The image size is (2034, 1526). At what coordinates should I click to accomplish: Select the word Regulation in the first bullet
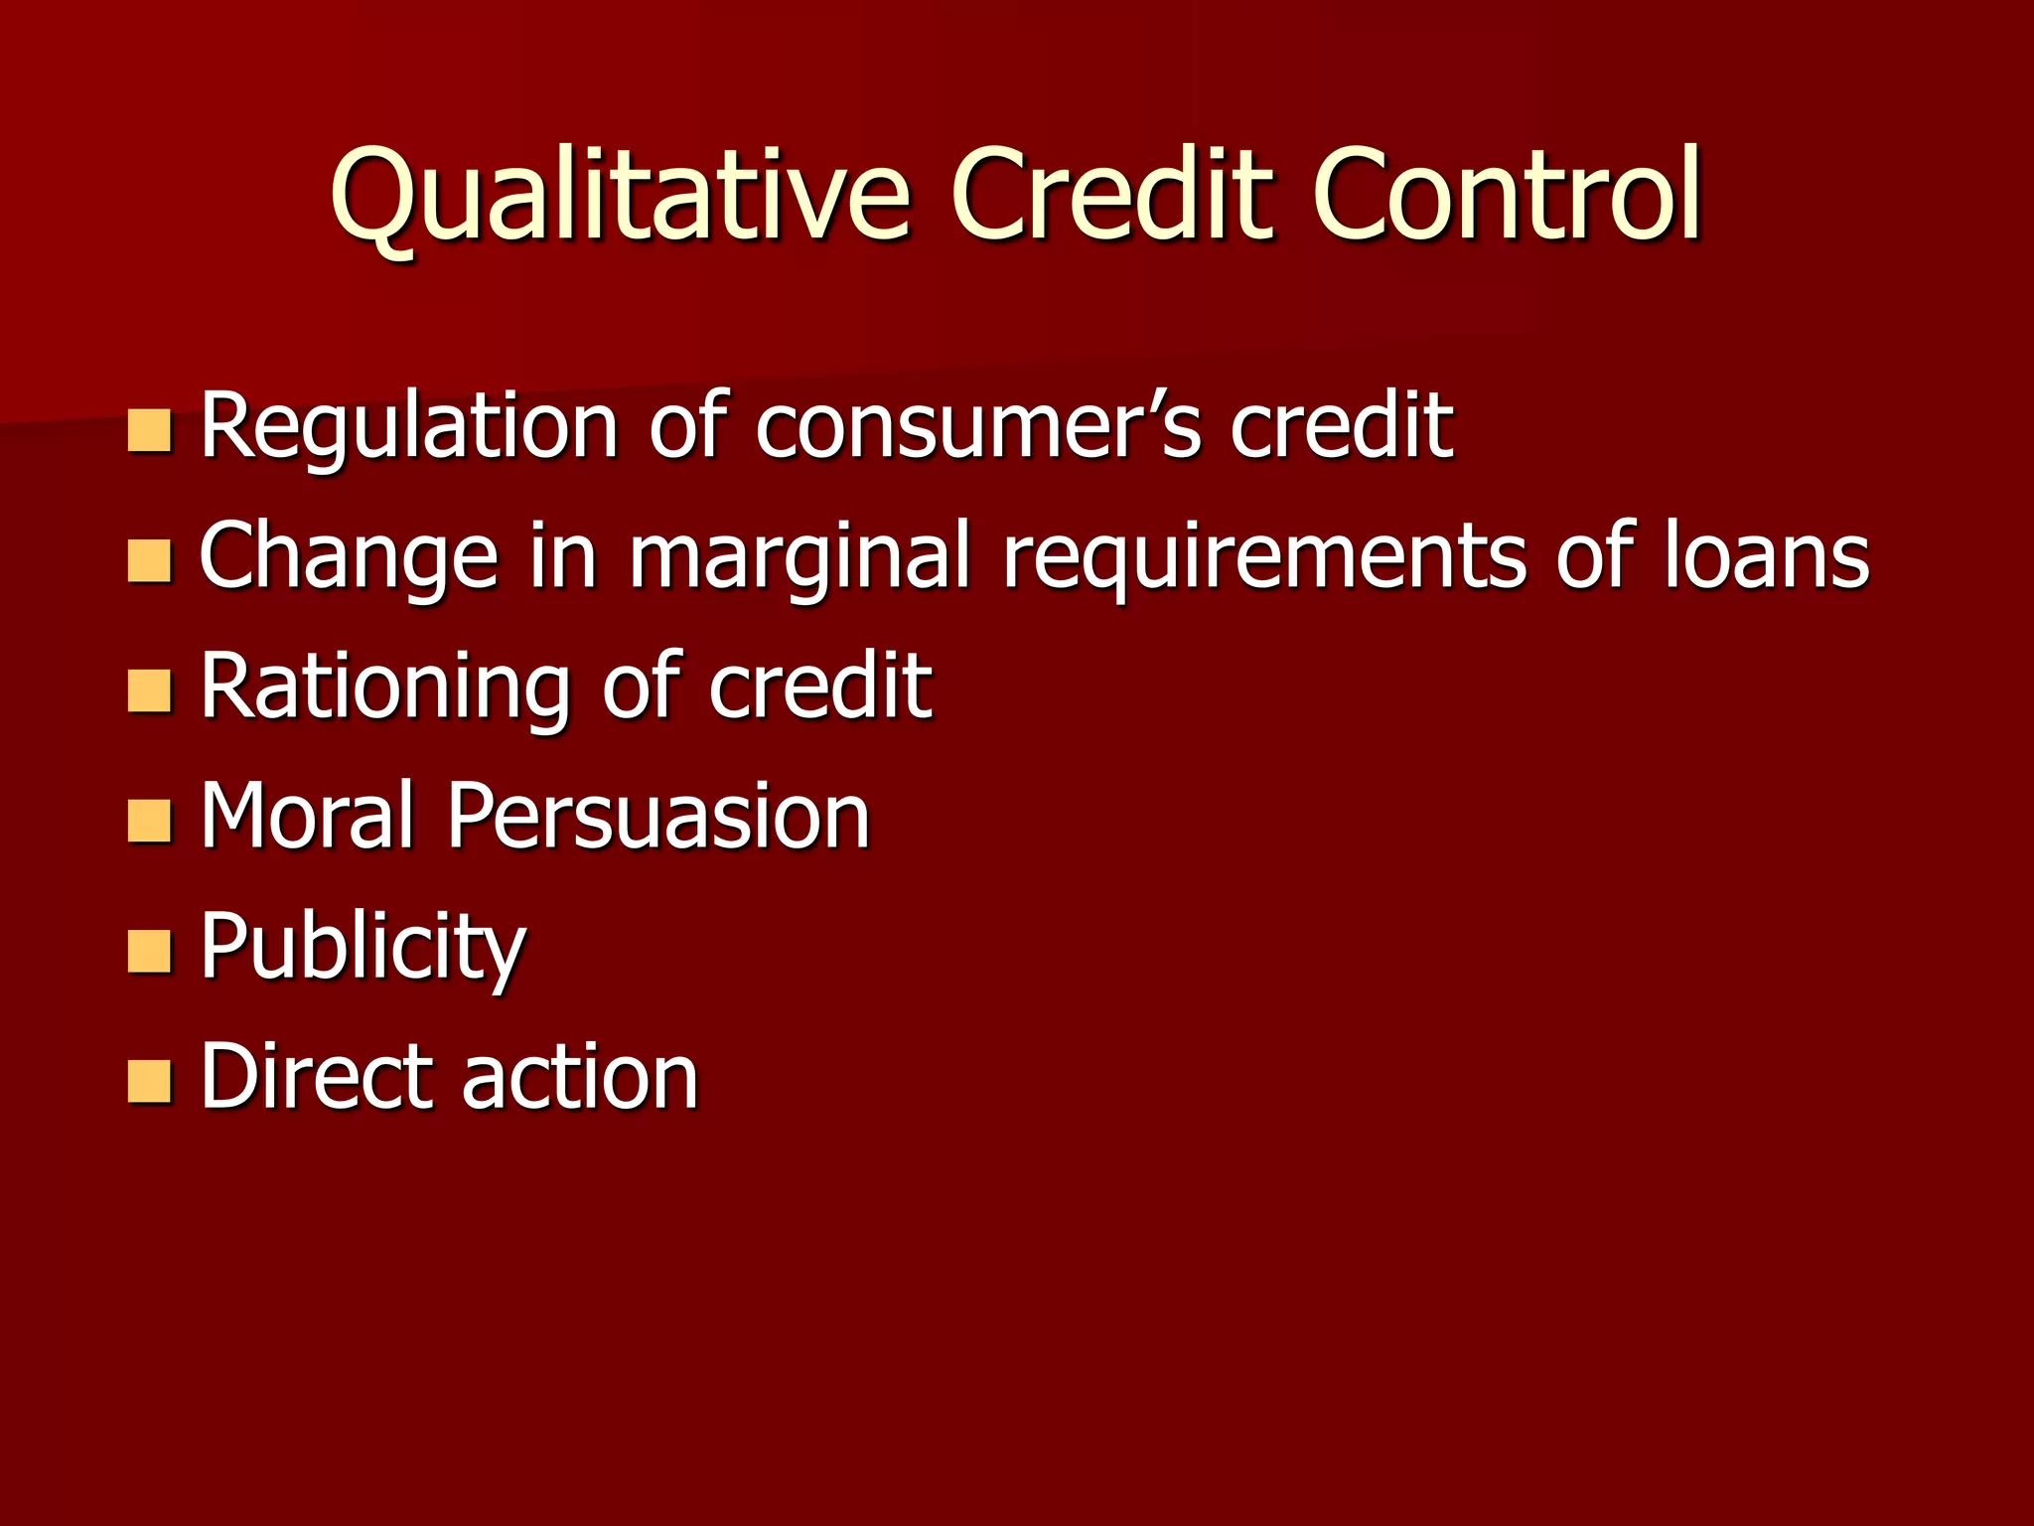410,427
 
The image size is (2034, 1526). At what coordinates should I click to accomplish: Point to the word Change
349,557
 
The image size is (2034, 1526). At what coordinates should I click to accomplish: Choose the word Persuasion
658,816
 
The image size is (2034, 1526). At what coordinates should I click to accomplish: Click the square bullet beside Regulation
150,431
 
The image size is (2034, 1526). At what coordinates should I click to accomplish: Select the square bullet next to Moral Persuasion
150,822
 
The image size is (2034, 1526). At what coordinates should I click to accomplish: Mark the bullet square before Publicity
150,952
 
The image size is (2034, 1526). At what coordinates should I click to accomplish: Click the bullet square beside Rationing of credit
150,691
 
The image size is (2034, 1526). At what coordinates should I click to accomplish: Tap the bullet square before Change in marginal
150,561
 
